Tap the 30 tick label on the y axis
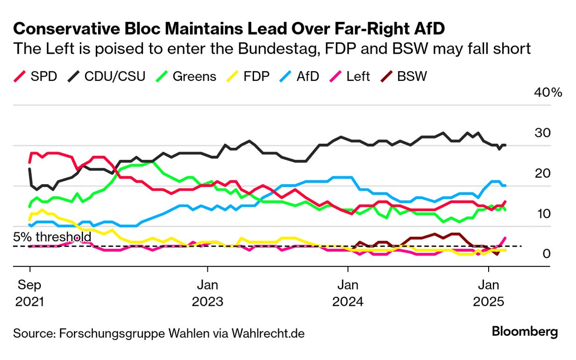(543, 133)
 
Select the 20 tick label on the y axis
(543, 173)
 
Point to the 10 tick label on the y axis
(543, 214)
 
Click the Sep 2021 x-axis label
(30, 293)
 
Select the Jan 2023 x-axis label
(207, 293)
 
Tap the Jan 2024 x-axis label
(348, 293)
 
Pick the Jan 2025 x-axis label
(488, 293)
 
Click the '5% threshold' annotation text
(52, 237)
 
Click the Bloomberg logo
(525, 332)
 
